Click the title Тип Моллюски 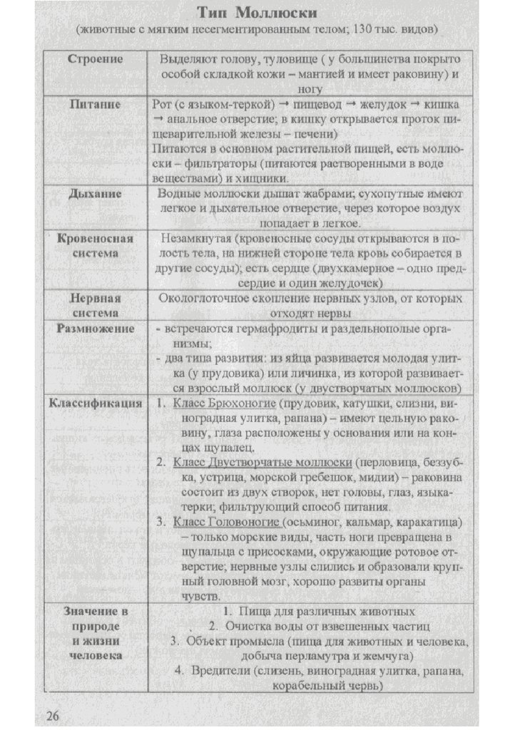257,14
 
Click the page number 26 54,715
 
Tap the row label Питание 96,104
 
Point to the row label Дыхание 96,193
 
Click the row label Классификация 96,403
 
